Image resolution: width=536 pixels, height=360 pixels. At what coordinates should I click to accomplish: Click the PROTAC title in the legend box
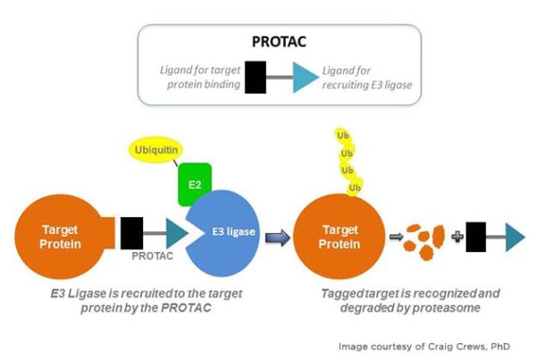pos(279,42)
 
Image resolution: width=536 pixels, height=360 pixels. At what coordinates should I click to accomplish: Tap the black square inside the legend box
pos(255,77)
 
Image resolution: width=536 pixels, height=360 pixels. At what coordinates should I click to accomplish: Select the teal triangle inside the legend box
pos(306,78)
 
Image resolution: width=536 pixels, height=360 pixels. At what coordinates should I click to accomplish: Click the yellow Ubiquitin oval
pos(155,150)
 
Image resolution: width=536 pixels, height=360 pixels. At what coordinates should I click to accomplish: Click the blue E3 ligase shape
pos(227,233)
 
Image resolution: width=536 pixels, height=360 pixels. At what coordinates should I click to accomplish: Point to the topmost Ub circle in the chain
pos(343,136)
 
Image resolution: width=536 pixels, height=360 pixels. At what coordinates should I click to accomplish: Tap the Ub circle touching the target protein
pos(355,188)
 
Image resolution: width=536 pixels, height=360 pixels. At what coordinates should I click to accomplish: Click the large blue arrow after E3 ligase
pos(278,238)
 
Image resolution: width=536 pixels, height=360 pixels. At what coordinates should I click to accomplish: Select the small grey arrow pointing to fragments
pos(396,236)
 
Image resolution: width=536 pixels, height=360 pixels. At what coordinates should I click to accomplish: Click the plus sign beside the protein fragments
pos(457,236)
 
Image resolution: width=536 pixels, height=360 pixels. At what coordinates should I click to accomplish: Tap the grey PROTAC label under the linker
pos(153,255)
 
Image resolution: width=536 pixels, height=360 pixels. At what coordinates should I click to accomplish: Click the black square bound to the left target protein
pos(132,233)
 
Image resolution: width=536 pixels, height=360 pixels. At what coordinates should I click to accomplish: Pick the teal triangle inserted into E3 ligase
pos(177,233)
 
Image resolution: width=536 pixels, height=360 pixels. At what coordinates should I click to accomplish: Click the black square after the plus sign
pos(476,237)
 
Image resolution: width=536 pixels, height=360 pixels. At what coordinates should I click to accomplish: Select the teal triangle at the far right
pos(515,237)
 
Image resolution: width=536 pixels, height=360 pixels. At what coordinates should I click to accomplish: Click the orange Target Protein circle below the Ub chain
pos(339,237)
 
